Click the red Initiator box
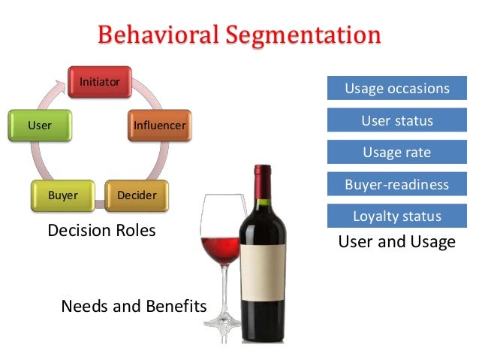[x=100, y=82]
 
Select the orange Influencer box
[x=159, y=125]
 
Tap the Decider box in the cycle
[x=137, y=195]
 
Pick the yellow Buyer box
[x=63, y=195]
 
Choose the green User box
[x=40, y=125]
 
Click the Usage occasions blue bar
[x=396, y=89]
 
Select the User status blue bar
[x=396, y=120]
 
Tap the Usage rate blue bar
[x=396, y=153]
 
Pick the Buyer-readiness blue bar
[x=396, y=184]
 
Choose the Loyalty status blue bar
[x=396, y=216]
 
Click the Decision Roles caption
[x=101, y=231]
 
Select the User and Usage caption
[x=396, y=242]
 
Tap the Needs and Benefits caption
[x=134, y=306]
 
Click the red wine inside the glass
[x=221, y=252]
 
